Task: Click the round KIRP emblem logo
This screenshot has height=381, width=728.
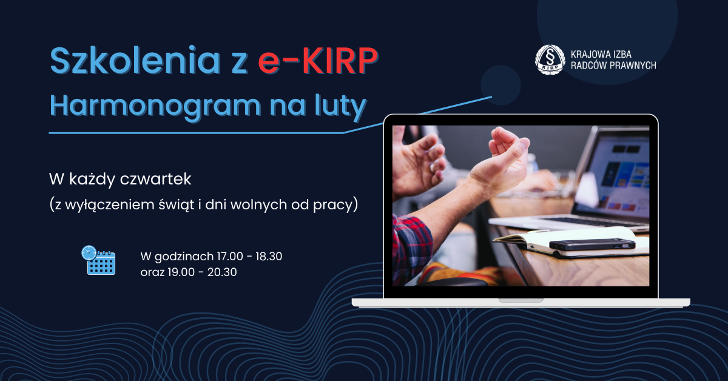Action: (550, 59)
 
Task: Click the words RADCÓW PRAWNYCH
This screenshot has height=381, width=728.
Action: (613, 66)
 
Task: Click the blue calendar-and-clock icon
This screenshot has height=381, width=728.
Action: (98, 260)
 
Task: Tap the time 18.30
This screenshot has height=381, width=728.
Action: (269, 256)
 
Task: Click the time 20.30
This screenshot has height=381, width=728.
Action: (222, 272)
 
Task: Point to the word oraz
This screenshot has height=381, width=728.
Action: (153, 272)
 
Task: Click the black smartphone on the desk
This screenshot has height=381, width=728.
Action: (592, 244)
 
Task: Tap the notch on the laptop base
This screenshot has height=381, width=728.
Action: (521, 300)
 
